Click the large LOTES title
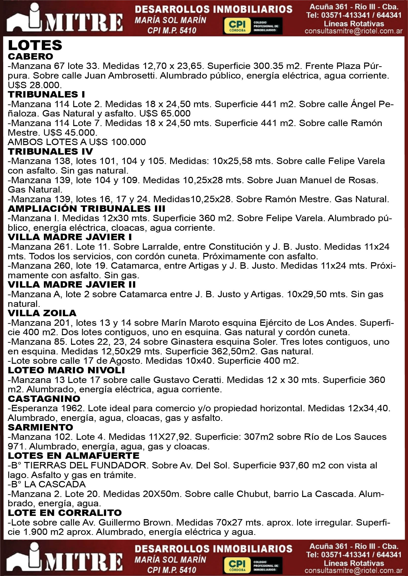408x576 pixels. [x=35, y=45]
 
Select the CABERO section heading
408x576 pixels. [x=30, y=56]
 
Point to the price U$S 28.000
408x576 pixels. [x=35, y=85]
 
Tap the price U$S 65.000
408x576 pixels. [x=165, y=114]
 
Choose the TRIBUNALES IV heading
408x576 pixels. [x=50, y=151]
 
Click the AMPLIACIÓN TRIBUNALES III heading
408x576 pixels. [x=86, y=209]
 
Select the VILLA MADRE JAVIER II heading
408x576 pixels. [x=72, y=285]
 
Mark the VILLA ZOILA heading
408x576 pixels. [x=42, y=313]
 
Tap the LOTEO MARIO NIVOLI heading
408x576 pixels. [x=66, y=370]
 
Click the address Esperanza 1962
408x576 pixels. [x=47, y=408]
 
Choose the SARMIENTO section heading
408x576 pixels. [x=40, y=427]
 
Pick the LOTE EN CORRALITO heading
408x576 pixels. [x=65, y=513]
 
